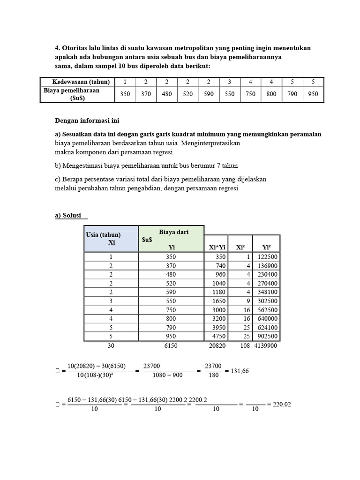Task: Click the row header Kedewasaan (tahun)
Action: (77, 82)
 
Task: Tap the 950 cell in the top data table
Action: (313, 94)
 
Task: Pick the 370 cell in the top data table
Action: (146, 94)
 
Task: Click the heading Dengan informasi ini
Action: (84, 120)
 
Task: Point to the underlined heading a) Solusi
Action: (71, 215)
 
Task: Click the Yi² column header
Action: (266, 247)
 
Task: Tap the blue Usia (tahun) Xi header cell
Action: (111, 239)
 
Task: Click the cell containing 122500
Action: (266, 257)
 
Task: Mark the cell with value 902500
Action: (266, 336)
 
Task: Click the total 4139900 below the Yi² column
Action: (266, 345)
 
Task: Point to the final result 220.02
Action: (282, 404)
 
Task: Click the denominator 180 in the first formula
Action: (213, 375)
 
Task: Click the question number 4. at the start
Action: (58, 48)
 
